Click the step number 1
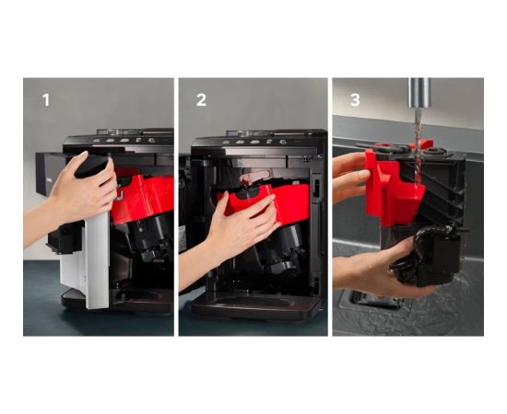pyautogui.click(x=45, y=99)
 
